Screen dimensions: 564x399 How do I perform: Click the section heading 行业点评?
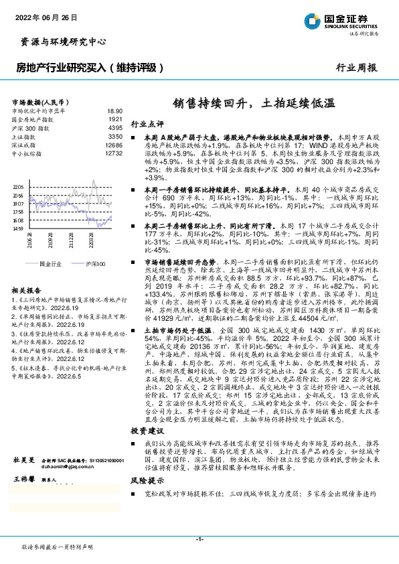147,124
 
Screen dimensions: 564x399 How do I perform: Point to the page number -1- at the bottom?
199,539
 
